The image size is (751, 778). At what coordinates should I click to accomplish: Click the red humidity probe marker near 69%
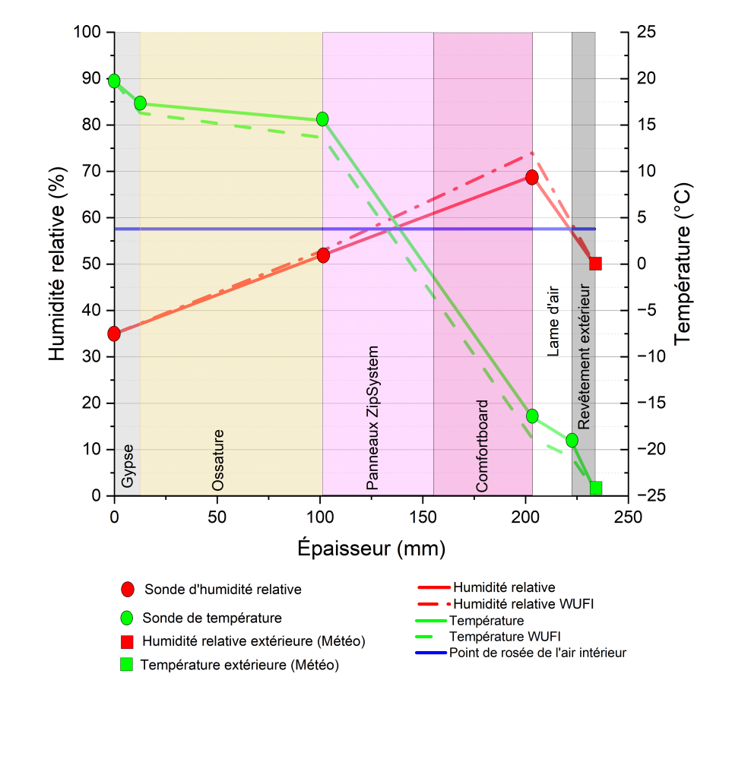532,177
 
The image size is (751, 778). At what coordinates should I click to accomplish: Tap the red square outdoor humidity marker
595,264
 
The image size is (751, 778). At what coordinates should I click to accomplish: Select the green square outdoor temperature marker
596,488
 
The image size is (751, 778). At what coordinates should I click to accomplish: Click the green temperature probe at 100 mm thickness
322,119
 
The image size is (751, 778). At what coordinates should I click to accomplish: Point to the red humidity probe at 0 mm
114,334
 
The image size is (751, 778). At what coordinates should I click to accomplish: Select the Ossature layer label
218,460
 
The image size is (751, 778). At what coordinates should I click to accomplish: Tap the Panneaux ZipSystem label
372,418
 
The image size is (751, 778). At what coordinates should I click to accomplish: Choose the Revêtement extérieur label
583,357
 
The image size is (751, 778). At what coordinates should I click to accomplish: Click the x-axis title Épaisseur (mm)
371,548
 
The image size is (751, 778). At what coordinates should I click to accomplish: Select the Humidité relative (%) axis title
57,264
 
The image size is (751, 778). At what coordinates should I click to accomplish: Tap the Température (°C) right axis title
683,264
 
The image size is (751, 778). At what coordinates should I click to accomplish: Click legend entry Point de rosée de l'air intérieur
537,653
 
